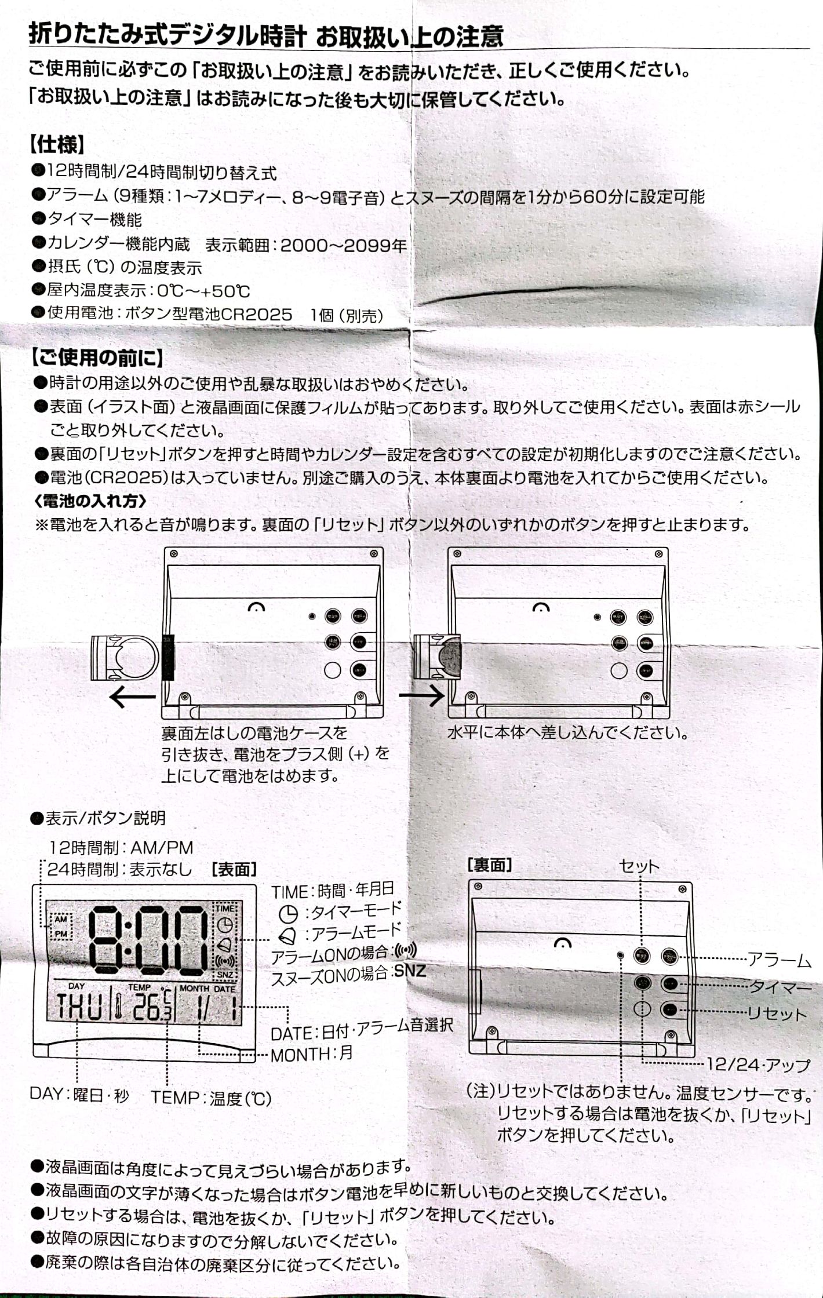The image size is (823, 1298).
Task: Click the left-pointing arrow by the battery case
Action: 133,697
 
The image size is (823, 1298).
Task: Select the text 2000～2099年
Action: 344,246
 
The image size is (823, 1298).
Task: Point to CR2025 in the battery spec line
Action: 256,315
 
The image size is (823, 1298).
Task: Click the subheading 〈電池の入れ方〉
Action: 90,501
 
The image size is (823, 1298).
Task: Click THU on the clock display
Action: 79,1007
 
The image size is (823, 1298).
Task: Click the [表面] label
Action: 235,869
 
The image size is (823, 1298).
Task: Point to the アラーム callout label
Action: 779,960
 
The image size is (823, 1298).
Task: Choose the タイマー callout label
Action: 780,987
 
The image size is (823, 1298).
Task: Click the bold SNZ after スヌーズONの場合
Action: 410,971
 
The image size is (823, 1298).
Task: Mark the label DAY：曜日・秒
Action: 79,1094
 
